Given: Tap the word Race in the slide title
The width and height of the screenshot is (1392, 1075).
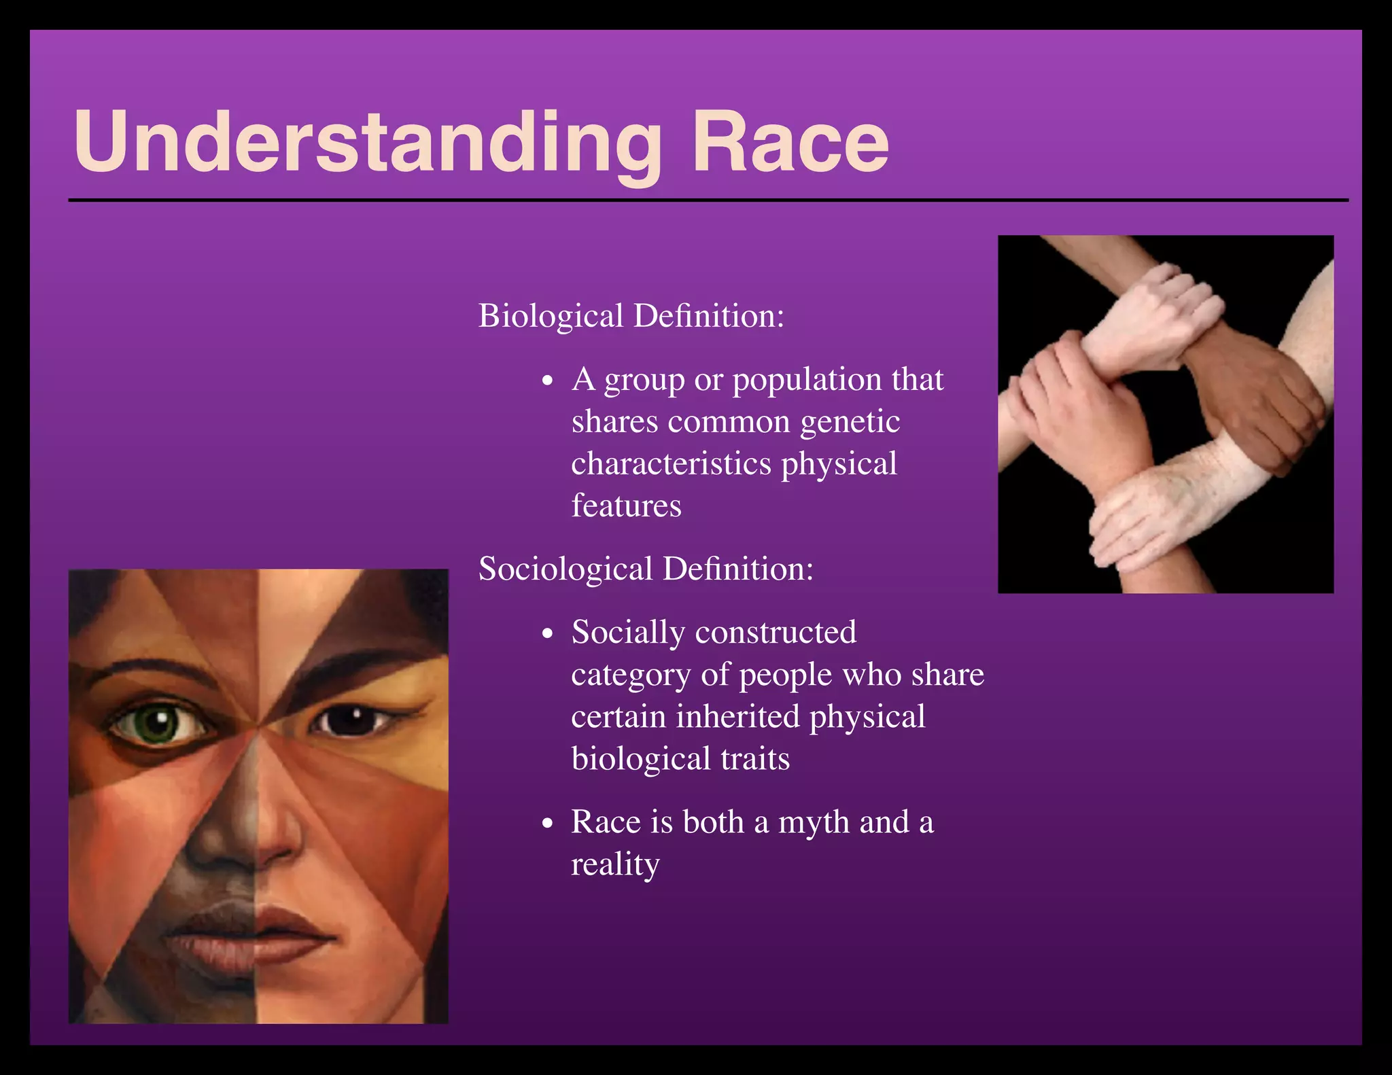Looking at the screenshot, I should [x=790, y=143].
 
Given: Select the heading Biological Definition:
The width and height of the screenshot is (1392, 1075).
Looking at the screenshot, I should [x=631, y=316].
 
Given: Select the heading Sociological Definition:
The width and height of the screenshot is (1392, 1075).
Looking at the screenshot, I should [x=646, y=569].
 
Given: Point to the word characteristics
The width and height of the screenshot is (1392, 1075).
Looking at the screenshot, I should [x=672, y=464].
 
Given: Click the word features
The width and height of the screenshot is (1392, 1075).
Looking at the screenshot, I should [x=626, y=506].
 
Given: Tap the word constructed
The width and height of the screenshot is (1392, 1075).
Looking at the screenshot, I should [x=776, y=633].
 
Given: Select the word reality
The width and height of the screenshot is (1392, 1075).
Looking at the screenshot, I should [x=615, y=864].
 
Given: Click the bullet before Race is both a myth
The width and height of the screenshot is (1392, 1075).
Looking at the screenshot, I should [x=549, y=824].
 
